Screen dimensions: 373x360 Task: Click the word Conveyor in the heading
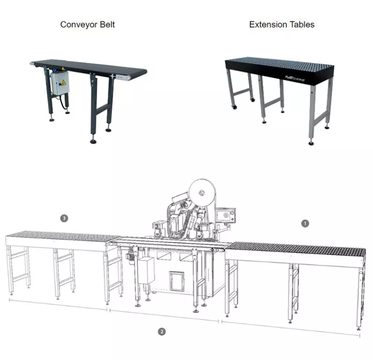pyautogui.click(x=79, y=25)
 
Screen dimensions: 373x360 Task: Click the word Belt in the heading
pyautogui.click(x=107, y=25)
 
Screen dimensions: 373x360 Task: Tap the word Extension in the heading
pyautogui.click(x=268, y=25)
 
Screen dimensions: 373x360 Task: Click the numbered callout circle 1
pyautogui.click(x=305, y=223)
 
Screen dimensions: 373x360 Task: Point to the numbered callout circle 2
pyautogui.click(x=162, y=332)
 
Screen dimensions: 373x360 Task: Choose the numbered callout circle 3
pyautogui.click(x=64, y=218)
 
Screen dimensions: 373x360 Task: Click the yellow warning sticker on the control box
pyautogui.click(x=63, y=83)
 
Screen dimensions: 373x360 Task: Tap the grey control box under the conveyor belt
pyautogui.click(x=60, y=83)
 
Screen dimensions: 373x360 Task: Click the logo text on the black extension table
pyautogui.click(x=295, y=78)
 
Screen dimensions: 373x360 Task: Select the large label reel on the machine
pyautogui.click(x=202, y=193)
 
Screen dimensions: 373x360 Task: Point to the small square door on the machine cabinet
pyautogui.click(x=177, y=282)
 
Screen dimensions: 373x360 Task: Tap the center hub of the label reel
pyautogui.click(x=202, y=192)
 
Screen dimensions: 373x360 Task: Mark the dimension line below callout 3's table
pyautogui.click(x=58, y=305)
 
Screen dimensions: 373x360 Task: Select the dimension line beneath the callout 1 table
pyautogui.click(x=290, y=328)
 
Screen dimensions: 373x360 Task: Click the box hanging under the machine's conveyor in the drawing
pyautogui.click(x=146, y=270)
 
